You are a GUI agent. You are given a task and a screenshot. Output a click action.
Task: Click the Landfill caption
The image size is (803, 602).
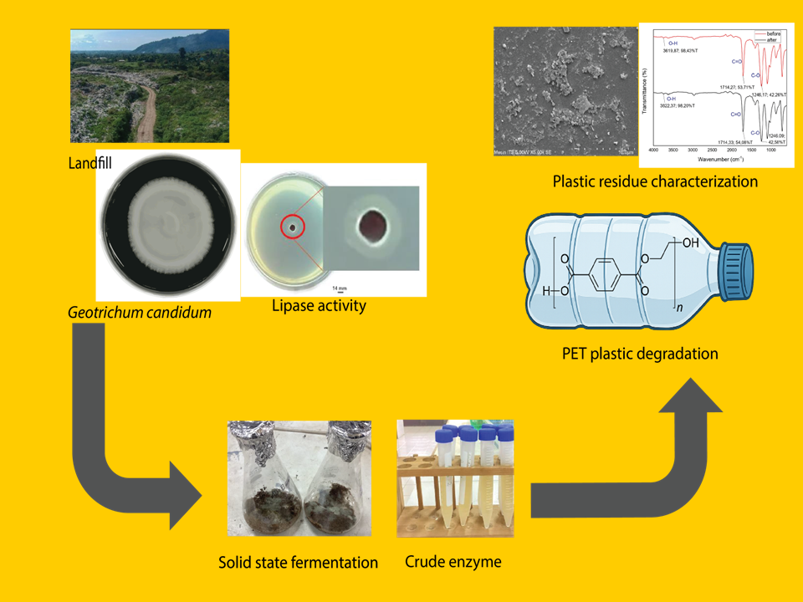90,164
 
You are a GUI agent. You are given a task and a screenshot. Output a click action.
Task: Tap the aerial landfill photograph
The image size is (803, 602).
149,86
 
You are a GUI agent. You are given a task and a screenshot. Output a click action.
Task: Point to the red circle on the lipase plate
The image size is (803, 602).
292,226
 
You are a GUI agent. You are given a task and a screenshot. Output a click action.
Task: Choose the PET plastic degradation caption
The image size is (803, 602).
640,354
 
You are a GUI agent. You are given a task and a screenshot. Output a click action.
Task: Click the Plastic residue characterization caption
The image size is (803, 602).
655,181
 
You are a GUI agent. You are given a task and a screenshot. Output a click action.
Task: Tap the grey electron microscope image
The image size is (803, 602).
562,92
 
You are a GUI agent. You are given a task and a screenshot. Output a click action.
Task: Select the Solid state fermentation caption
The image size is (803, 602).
298,563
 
